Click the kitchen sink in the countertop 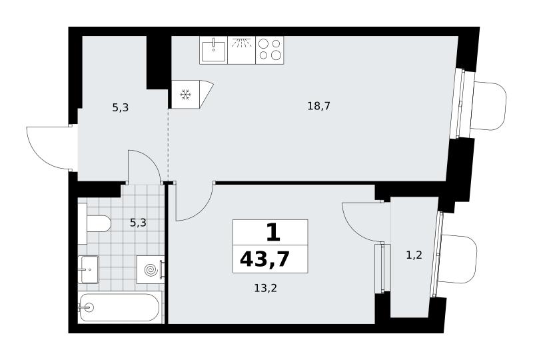[x=213, y=51]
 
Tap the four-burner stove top [x=270, y=50]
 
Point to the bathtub [x=119, y=307]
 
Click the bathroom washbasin [x=89, y=269]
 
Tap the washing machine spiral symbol [x=151, y=270]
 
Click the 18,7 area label [x=319, y=106]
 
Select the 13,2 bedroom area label [x=265, y=288]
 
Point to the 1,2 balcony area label [x=414, y=255]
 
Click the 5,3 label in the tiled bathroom [x=138, y=223]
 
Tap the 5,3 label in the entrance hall [x=121, y=108]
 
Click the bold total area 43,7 [x=265, y=259]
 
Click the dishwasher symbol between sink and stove [x=241, y=50]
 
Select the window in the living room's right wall [x=460, y=104]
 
